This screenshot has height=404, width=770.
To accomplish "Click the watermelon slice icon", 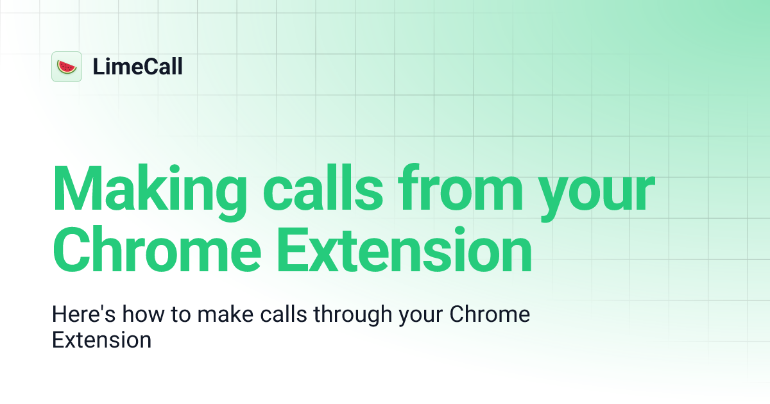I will coord(67,67).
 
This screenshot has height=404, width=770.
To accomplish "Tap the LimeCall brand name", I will coord(137,67).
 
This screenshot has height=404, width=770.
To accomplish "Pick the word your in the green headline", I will coord(597,192).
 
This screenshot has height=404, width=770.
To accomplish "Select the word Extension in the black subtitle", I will coord(101,339).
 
